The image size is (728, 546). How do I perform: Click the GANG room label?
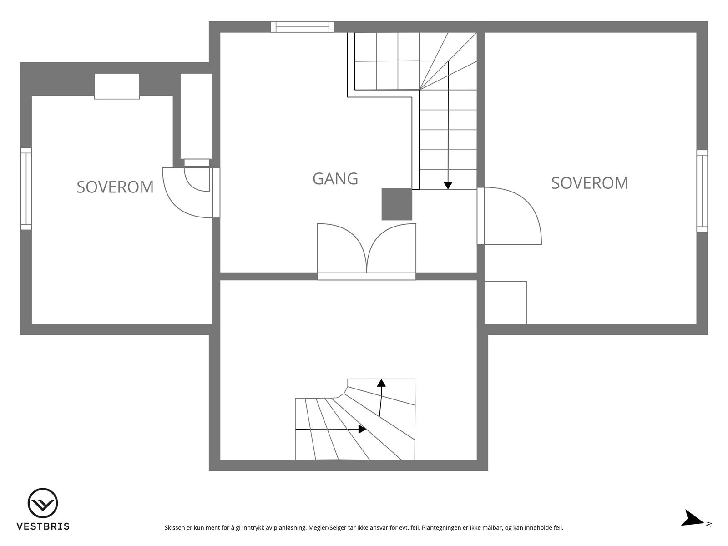tap(335, 178)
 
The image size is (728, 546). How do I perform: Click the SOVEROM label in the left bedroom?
tap(115, 187)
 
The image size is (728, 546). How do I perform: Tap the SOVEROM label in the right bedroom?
tap(590, 183)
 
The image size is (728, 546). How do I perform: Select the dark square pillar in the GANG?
tap(397, 204)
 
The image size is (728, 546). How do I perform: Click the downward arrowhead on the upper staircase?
tap(448, 185)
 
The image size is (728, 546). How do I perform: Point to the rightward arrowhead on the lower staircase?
tap(362, 429)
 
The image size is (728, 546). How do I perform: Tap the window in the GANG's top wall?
tap(303, 27)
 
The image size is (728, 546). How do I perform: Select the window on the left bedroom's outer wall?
tap(26, 188)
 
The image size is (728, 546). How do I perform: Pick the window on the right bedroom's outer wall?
tap(702, 191)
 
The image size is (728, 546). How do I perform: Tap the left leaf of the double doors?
tap(341, 248)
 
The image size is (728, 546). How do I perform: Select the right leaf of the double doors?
tap(392, 248)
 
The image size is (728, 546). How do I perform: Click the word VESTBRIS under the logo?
tap(43, 526)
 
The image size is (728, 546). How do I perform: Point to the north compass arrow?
tap(693, 519)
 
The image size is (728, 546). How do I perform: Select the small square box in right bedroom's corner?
tap(506, 303)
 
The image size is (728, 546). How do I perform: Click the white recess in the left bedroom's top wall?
tap(116, 86)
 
